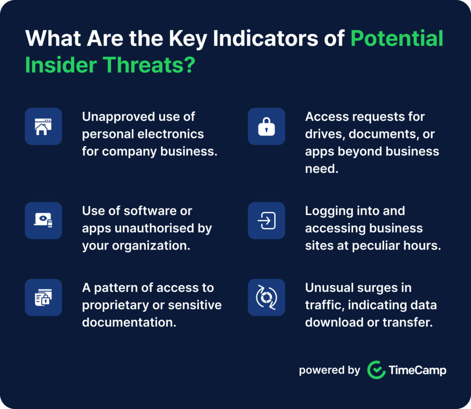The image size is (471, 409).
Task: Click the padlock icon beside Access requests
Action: [266, 127]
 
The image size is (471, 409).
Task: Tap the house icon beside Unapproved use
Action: [43, 127]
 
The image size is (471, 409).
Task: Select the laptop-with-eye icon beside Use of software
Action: [43, 221]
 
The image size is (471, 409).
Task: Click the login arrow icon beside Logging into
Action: [266, 221]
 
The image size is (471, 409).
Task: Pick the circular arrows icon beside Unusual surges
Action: [266, 297]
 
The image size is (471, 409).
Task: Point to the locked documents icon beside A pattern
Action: [43, 297]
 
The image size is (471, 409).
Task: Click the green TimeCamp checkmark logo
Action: [376, 370]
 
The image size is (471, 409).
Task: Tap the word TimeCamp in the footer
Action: [417, 370]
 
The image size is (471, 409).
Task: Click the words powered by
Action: [329, 370]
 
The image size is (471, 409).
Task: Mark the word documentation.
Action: [129, 322]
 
